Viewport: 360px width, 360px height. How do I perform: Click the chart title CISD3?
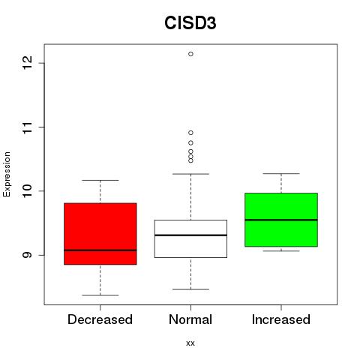click(190, 22)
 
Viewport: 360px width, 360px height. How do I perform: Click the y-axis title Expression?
click(7, 174)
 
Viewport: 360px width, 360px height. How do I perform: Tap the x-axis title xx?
click(190, 343)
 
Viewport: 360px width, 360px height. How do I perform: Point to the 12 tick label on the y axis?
click(28, 63)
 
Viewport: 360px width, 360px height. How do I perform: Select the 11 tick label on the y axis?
click(28, 127)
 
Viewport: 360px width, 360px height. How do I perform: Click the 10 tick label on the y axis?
click(28, 191)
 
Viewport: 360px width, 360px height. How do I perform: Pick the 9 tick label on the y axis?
click(28, 255)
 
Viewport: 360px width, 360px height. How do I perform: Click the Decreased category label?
click(100, 319)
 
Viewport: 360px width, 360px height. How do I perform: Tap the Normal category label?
click(190, 319)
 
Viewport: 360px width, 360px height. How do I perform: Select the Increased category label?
click(281, 319)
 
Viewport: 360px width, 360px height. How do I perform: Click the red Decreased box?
click(100, 234)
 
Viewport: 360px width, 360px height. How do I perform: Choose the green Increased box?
click(281, 220)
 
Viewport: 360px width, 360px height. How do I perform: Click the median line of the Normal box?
click(190, 235)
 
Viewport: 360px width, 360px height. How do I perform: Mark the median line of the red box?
click(100, 250)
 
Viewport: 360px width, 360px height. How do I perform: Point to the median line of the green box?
click(281, 220)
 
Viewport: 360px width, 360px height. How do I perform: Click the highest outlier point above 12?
click(190, 54)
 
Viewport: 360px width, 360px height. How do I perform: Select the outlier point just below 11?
click(190, 133)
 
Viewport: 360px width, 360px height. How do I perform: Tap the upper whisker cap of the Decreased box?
click(100, 180)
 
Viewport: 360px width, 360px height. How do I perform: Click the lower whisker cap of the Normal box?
click(190, 289)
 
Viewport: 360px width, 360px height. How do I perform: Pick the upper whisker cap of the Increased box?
click(281, 173)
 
